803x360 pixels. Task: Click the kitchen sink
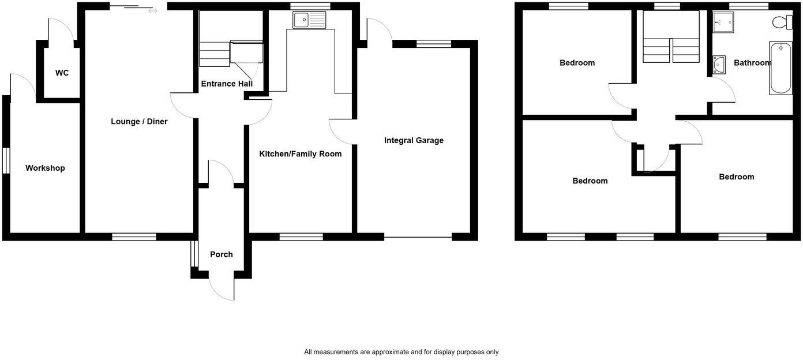(309, 20)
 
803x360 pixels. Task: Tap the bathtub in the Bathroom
(781, 68)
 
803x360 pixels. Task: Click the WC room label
(62, 73)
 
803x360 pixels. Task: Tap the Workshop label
(45, 168)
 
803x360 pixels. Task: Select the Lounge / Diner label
(139, 122)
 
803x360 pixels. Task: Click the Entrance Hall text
(227, 84)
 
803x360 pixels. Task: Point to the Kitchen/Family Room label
(300, 154)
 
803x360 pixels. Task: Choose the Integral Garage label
(414, 140)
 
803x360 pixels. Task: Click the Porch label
(222, 254)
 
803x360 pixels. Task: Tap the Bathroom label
(752, 63)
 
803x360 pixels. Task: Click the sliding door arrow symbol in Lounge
(152, 10)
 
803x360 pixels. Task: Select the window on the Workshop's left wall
(6, 160)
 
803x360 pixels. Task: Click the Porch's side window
(194, 254)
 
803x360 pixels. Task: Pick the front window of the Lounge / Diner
(134, 237)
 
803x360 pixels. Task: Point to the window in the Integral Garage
(434, 43)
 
